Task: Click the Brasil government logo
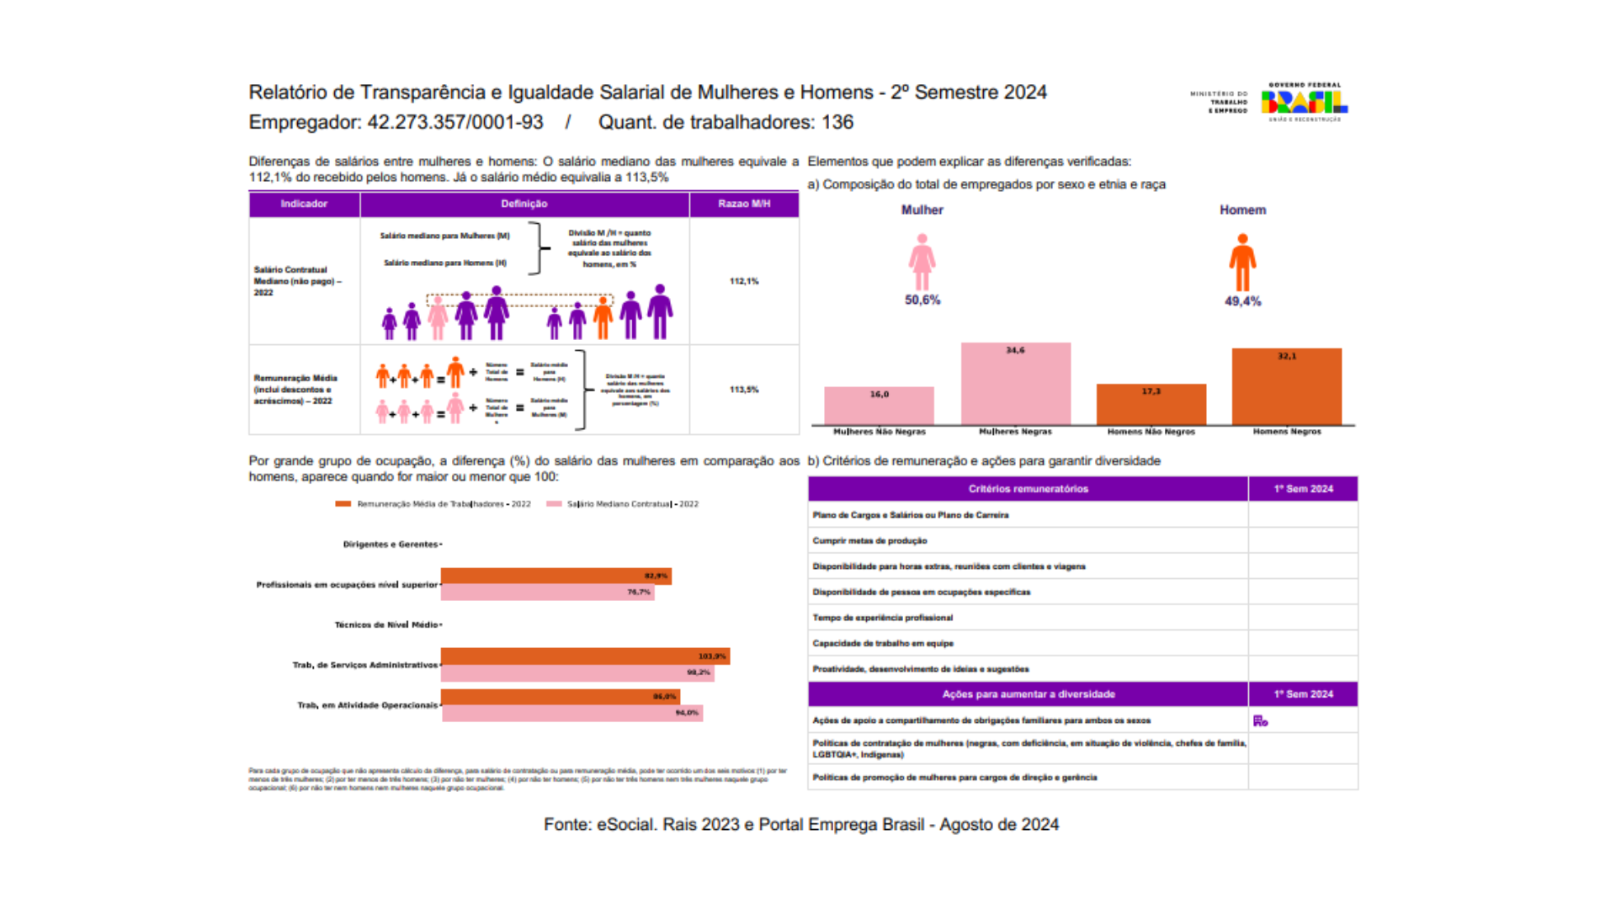1303,102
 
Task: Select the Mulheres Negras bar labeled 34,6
1015,384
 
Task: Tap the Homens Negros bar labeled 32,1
1286,386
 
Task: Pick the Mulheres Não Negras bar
879,406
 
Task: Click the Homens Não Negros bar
1151,404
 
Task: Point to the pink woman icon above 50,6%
922,262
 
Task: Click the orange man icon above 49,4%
1242,262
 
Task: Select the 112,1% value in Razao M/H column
744,281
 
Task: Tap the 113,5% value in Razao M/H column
744,390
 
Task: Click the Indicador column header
304,204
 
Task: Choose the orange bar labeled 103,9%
585,656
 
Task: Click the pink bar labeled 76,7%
547,593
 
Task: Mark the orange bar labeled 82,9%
555,576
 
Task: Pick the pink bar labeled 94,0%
572,713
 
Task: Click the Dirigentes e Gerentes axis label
390,545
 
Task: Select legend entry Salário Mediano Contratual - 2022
631,504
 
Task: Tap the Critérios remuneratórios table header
1028,489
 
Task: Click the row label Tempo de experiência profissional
883,618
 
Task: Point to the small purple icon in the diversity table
1260,720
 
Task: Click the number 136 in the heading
837,123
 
